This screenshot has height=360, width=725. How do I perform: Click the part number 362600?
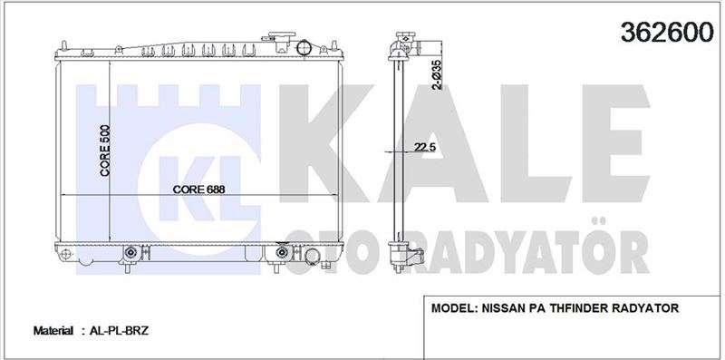tap(667, 32)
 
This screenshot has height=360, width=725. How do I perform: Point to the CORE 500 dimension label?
tap(105, 150)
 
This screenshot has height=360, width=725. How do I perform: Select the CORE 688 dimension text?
tap(198, 190)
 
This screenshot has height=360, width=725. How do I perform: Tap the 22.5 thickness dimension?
tap(425, 147)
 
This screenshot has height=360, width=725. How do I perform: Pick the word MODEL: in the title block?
tap(454, 308)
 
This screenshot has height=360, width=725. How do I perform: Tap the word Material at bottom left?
tap(53, 331)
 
